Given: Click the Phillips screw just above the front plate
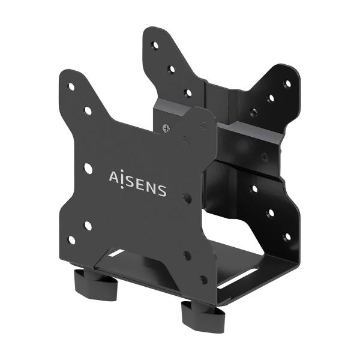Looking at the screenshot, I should click(166, 128).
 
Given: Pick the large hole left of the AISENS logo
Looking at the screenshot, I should click(88, 169).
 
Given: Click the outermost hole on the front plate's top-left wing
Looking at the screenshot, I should click(71, 86).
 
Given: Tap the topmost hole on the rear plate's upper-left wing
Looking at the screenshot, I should click(155, 46).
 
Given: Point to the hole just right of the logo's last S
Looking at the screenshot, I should click(188, 196).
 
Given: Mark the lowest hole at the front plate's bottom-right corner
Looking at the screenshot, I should click(203, 280).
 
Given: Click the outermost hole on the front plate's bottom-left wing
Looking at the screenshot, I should click(71, 240).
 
